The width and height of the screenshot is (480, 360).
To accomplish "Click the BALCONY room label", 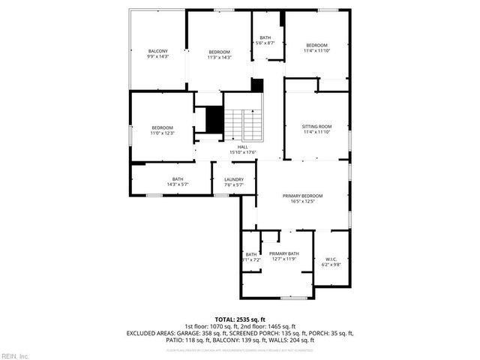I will pos(157,51).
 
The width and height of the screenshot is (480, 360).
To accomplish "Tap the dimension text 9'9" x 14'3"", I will pos(157,56).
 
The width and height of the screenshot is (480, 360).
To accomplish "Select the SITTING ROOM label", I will pos(316,126).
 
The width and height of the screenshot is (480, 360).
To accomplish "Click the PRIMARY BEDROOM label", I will pos(303,196).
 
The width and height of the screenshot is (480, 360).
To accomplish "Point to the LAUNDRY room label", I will pos(233,179).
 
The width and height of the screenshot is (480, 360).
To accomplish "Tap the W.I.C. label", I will pos(331,259).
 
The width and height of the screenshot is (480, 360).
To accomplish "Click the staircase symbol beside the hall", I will pos(245,124).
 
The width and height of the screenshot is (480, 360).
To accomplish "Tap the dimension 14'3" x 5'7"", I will pos(178,184).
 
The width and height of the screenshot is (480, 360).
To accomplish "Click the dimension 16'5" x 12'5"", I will pos(303,201).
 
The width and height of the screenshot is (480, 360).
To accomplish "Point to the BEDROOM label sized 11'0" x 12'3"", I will pos(162,127).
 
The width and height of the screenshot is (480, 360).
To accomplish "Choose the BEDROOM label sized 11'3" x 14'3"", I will pos(219,52).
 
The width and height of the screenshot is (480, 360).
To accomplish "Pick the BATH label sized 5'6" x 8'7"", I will pos(265,37).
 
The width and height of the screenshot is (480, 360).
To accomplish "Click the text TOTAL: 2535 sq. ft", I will pos(240,319).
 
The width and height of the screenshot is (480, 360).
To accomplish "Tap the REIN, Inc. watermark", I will pos(14,355).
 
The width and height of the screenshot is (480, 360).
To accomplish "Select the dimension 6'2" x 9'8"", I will pos(331,265).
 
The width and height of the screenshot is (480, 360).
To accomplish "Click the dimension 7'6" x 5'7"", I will pos(233,184).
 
